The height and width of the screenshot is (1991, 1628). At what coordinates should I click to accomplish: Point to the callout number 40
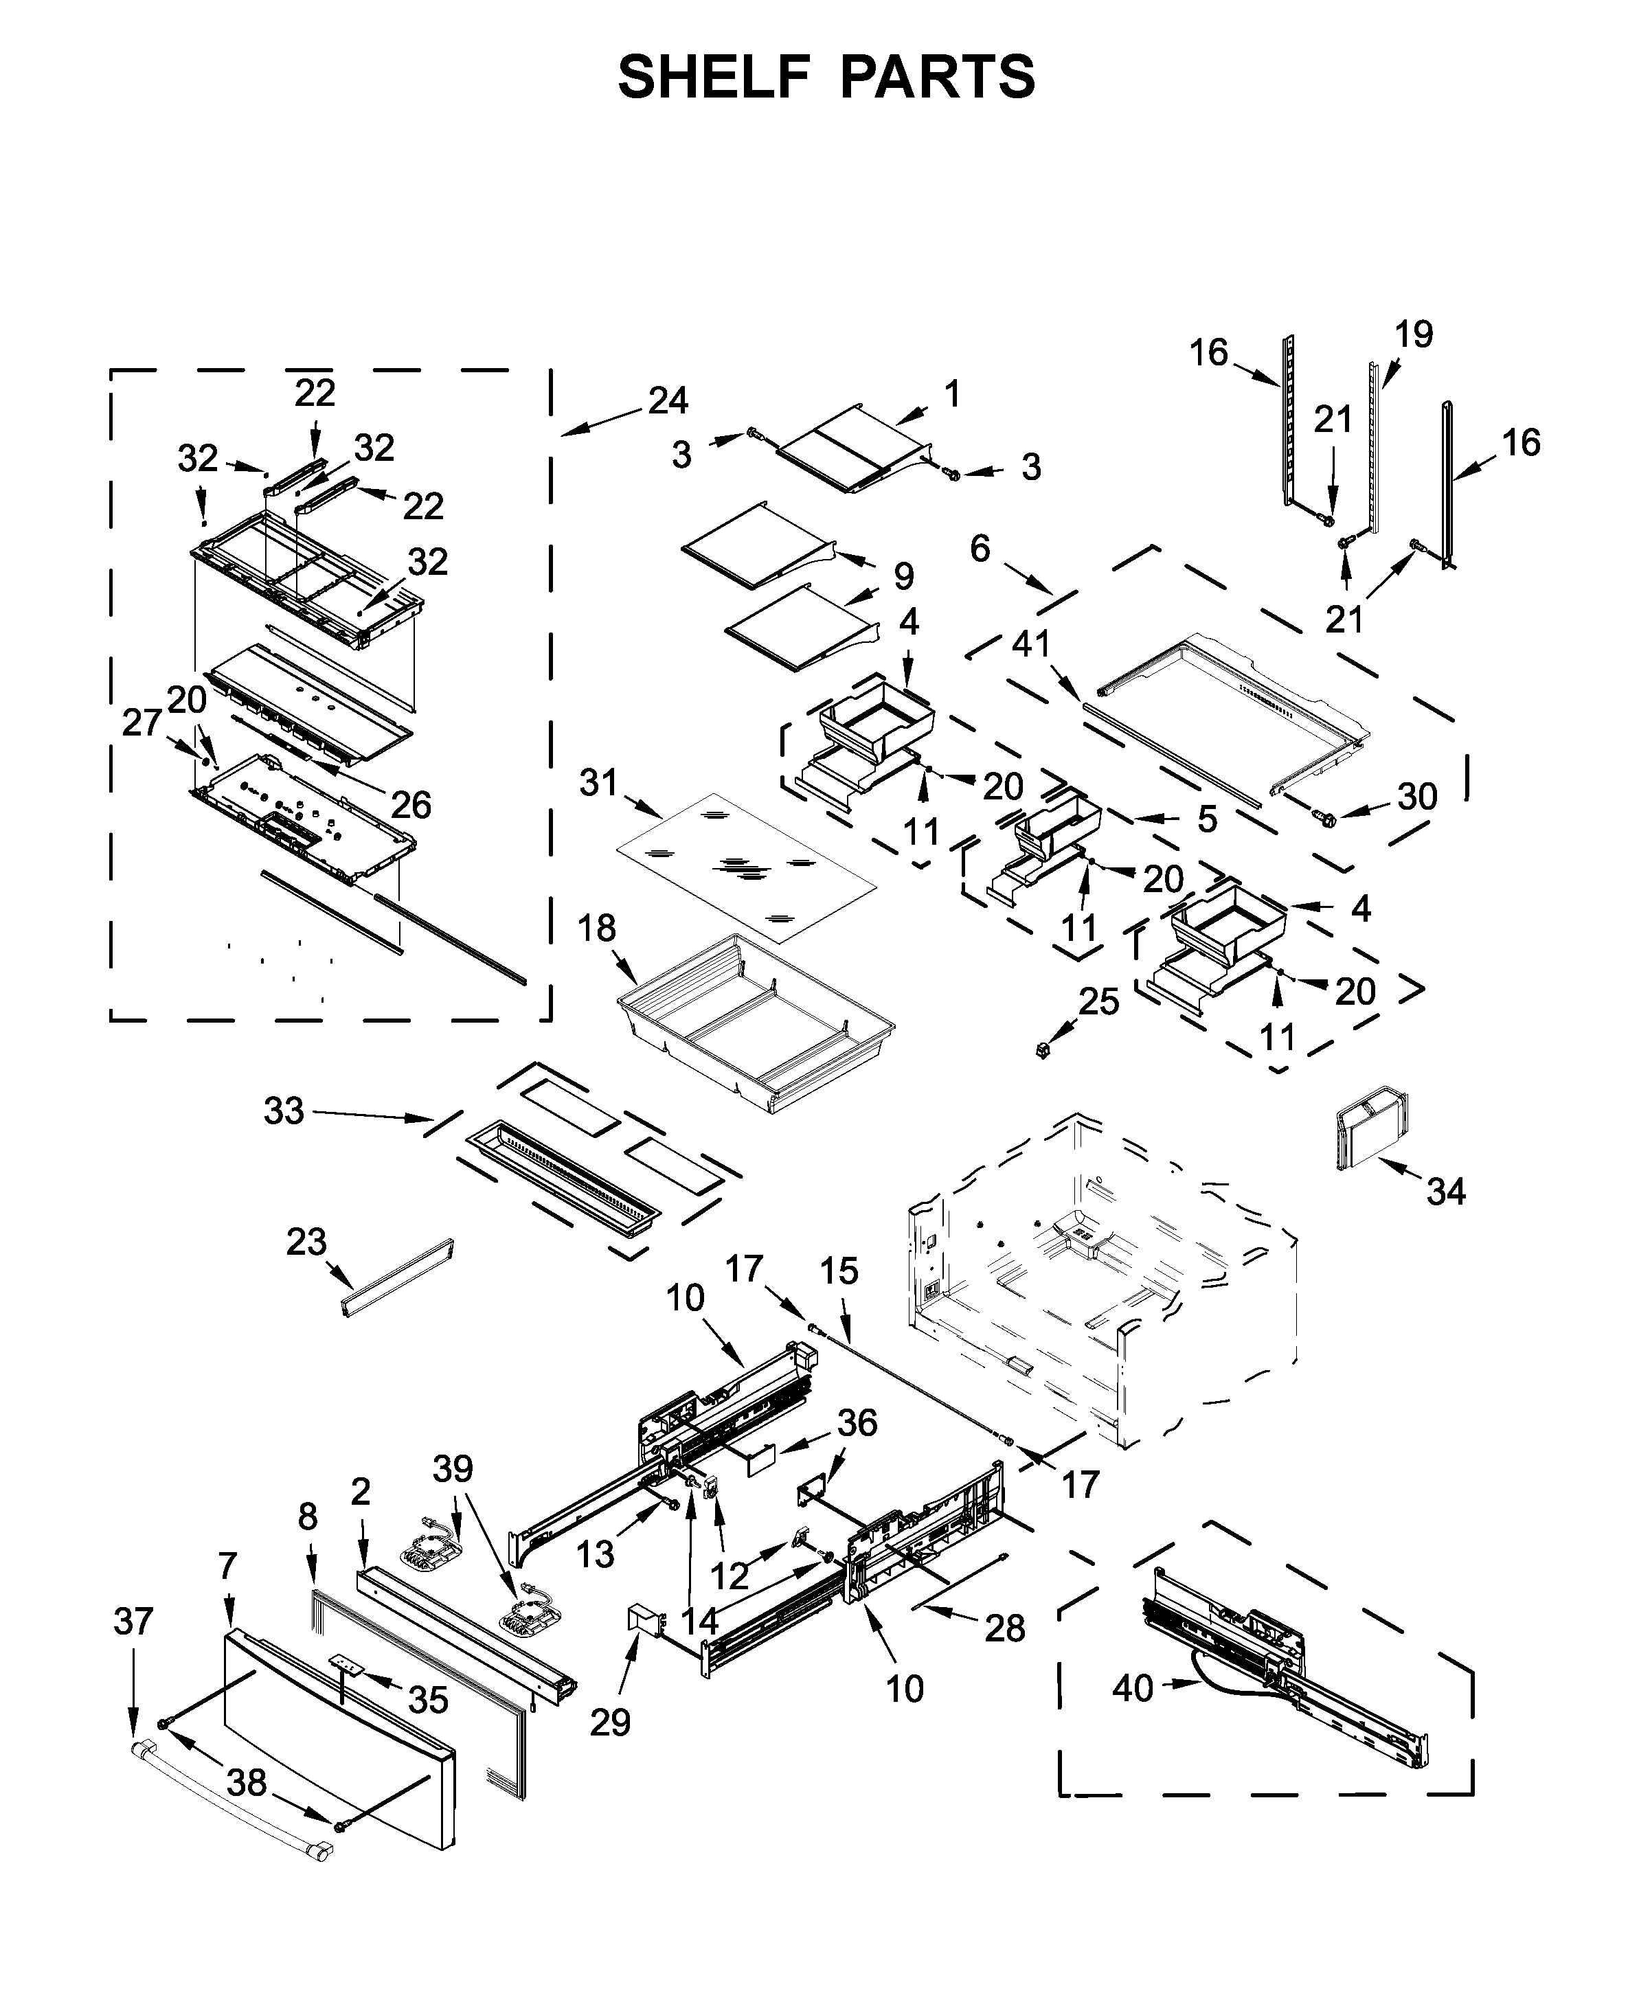point(1132,1688)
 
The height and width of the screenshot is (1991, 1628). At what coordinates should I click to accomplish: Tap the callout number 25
point(1098,1001)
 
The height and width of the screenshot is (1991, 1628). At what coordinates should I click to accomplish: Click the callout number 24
point(668,401)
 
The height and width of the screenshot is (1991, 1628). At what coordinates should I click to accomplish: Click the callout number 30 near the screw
point(1417,797)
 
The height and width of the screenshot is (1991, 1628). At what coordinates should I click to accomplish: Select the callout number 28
point(1004,1628)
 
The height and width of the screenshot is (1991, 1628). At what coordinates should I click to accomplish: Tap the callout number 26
point(410,804)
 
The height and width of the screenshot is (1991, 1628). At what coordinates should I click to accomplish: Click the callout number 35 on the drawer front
point(429,1700)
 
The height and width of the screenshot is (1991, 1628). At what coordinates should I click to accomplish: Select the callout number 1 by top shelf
point(952,395)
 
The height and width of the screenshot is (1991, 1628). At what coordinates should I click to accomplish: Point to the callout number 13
point(595,1554)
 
